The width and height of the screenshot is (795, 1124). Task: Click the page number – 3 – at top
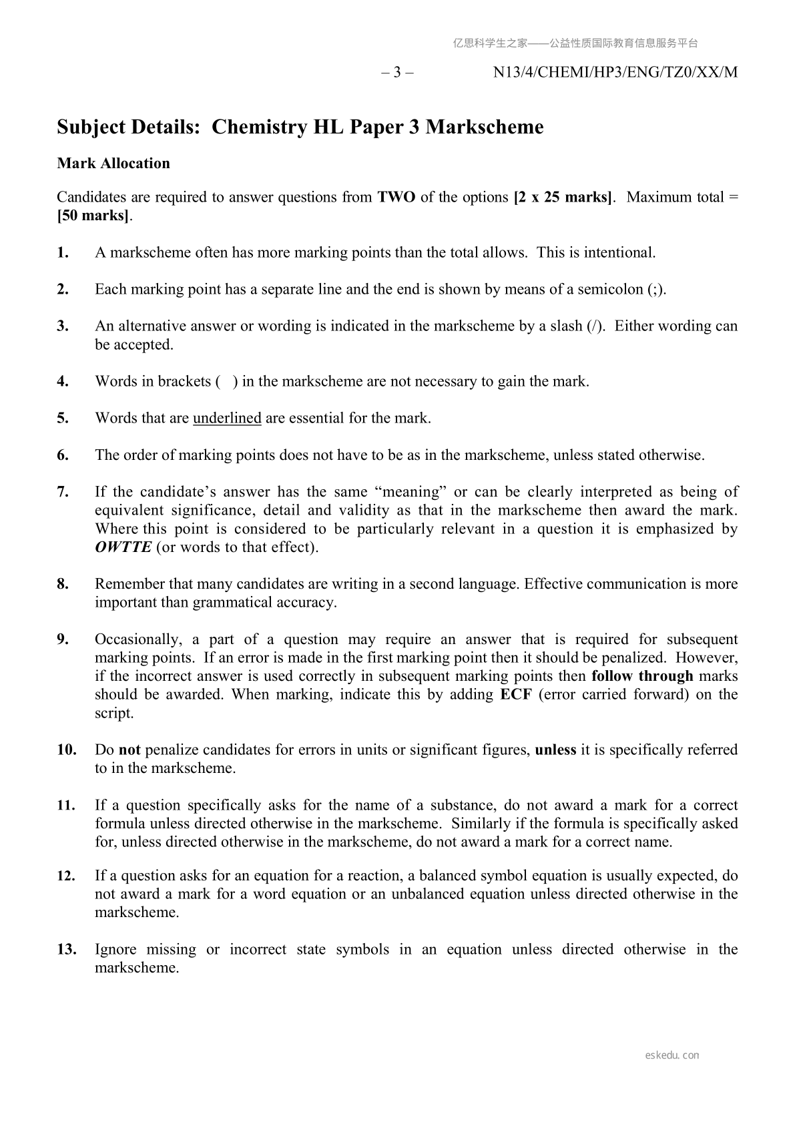(397, 73)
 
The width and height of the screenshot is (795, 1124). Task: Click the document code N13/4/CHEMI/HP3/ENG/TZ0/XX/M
(615, 73)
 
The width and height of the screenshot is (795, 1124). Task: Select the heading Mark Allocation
(113, 164)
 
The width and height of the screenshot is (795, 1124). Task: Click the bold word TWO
(396, 198)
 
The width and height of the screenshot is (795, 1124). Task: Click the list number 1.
(63, 253)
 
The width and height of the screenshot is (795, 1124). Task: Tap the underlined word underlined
(227, 418)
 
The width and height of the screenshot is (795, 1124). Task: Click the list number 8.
(63, 584)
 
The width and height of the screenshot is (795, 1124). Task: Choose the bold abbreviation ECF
(515, 695)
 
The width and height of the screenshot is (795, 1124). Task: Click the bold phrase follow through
(642, 676)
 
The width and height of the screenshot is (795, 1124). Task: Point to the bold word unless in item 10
(555, 750)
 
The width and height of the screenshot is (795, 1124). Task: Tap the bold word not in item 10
(129, 750)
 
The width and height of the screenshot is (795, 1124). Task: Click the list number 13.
(66, 950)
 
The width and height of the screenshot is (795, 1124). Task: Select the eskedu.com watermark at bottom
(672, 1055)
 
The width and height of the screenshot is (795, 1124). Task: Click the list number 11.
(66, 806)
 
